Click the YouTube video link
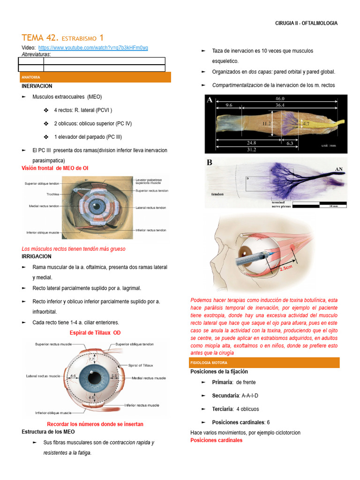pos(93,48)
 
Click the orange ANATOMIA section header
pos(30,77)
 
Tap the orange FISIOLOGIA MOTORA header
pos(209,363)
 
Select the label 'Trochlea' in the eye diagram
pos(52,194)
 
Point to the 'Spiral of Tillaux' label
pos(141,365)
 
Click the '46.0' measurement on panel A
pos(280,98)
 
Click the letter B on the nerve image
pos(210,163)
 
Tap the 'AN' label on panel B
pos(339,169)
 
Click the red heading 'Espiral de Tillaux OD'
pos(95,333)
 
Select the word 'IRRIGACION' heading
pos(37,256)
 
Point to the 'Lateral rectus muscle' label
pos(44,376)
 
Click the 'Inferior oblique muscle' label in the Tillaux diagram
pos(53,413)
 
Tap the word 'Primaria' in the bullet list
pos(222,382)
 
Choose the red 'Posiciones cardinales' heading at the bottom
pos(216,440)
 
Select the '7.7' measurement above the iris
pos(91,359)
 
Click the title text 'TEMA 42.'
pos(40,37)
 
